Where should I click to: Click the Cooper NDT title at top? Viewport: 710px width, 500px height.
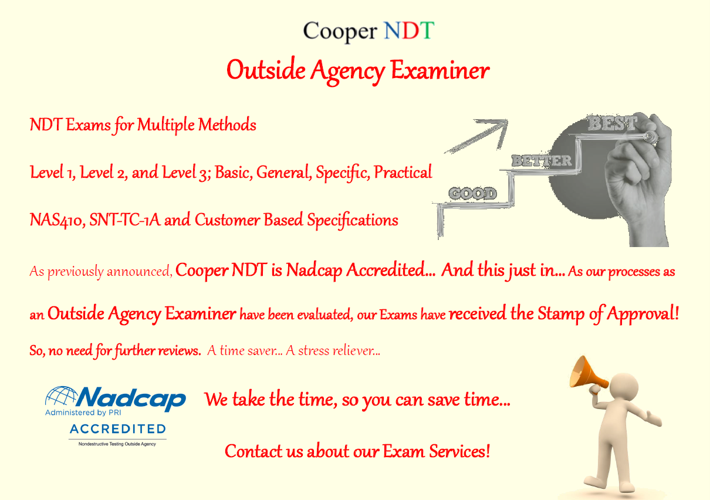368,31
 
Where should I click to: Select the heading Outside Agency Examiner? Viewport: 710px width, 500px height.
358,70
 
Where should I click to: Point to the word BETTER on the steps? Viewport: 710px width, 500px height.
541,160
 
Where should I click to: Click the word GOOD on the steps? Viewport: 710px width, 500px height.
472,193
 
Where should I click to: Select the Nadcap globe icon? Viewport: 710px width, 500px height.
60,398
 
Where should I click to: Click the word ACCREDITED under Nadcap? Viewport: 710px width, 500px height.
117,429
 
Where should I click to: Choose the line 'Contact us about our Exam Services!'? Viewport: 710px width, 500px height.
357,451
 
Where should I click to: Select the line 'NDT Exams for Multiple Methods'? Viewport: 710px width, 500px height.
143,124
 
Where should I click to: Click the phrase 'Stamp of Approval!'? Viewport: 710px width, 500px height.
608,314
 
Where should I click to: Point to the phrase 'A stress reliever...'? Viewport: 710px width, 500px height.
333,351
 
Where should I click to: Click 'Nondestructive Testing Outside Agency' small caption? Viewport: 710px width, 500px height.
117,444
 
